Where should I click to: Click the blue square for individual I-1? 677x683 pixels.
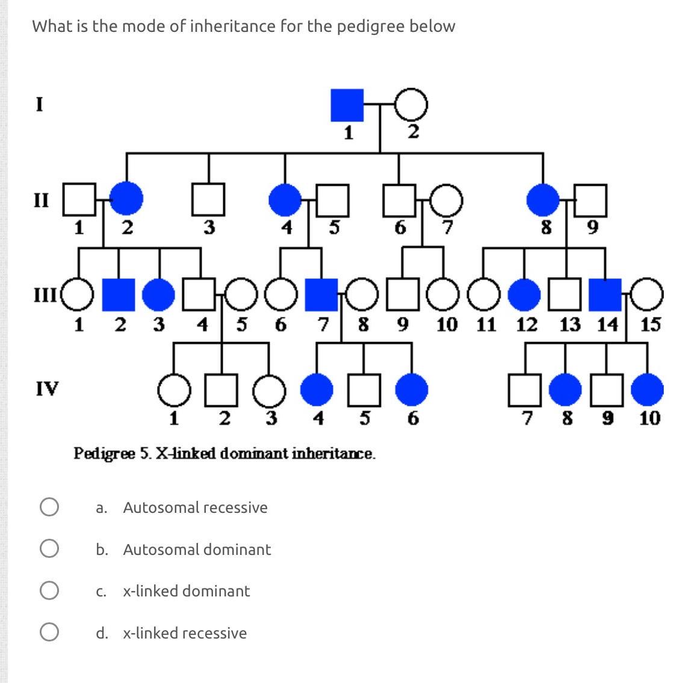click(x=347, y=105)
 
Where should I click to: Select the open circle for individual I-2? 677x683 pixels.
click(x=412, y=105)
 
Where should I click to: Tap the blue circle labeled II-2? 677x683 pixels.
click(x=126, y=199)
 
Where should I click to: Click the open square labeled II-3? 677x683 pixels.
click(x=208, y=199)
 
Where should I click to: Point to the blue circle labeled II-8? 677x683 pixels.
click(x=543, y=199)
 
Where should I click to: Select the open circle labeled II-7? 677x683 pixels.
click(x=446, y=199)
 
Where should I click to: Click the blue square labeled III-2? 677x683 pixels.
click(x=119, y=294)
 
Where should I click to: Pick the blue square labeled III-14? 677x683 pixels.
click(x=605, y=294)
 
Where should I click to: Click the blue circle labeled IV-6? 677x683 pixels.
click(x=412, y=389)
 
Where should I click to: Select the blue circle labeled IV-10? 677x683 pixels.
click(x=648, y=389)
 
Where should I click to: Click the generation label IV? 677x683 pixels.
click(x=47, y=388)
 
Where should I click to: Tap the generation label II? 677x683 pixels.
click(x=40, y=199)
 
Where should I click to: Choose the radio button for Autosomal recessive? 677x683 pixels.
click(x=49, y=507)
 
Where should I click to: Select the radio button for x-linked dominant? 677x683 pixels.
click(x=49, y=590)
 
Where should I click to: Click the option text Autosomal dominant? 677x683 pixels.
click(x=197, y=550)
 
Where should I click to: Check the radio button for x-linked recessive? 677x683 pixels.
click(x=49, y=632)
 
